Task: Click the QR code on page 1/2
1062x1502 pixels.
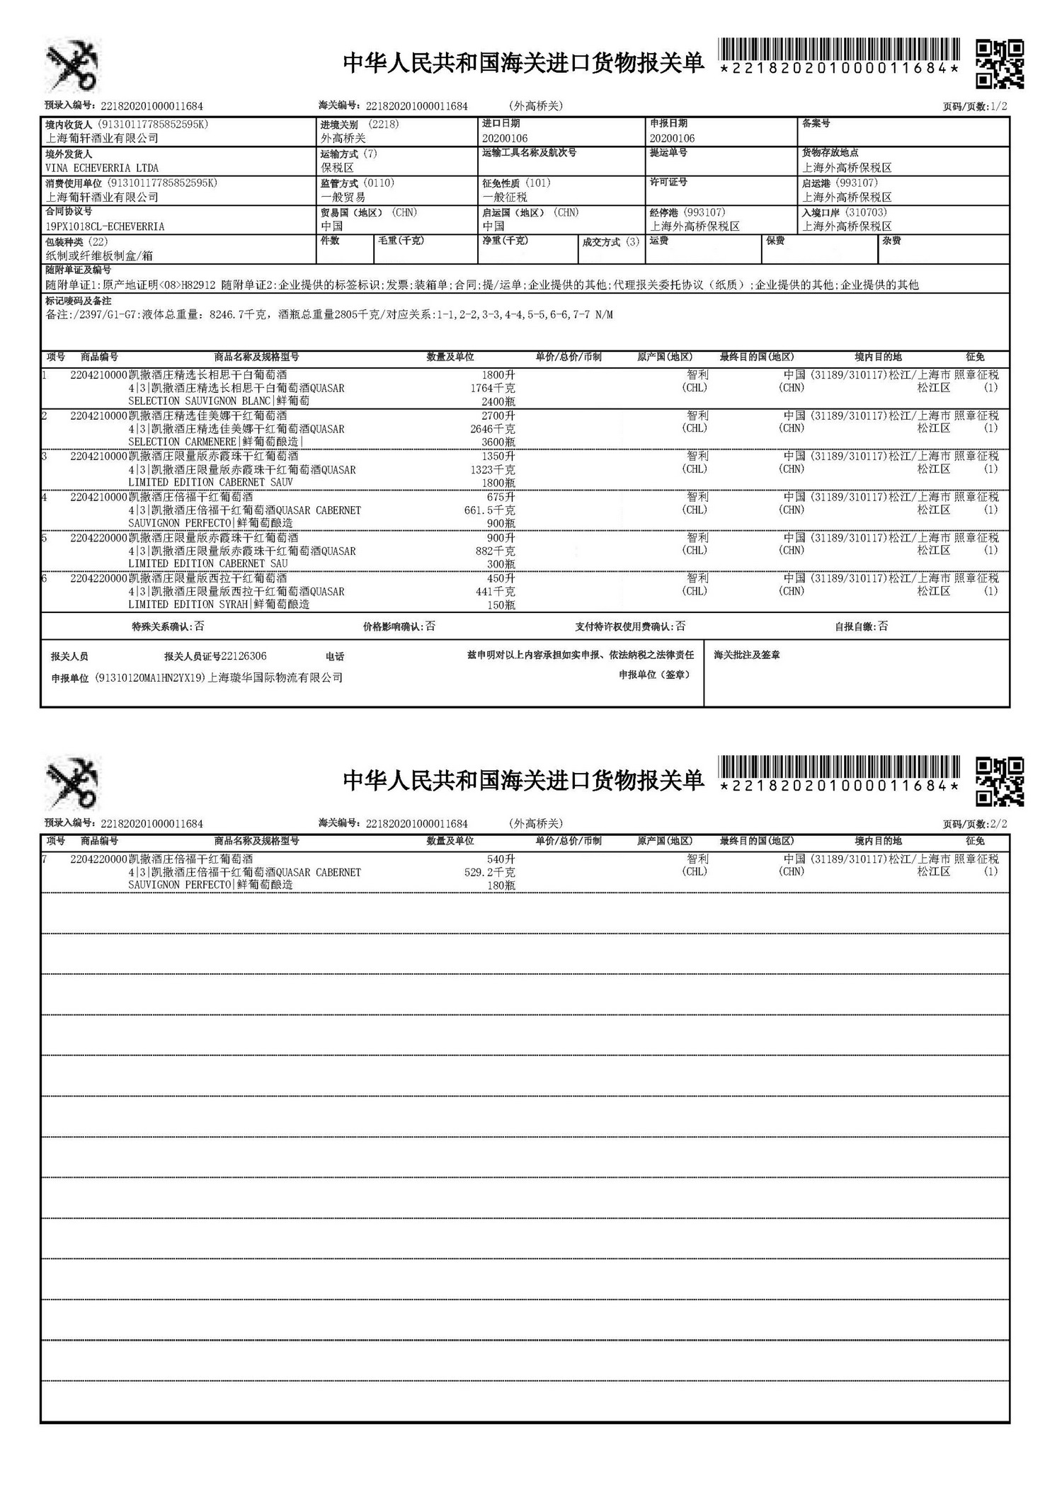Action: [999, 64]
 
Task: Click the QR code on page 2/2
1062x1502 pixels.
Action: [999, 781]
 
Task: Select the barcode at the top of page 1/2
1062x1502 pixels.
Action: [839, 50]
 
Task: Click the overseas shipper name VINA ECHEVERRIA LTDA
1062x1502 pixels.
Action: [102, 168]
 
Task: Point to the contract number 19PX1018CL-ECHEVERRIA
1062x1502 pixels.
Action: [105, 227]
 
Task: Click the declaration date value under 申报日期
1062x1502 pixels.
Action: [672, 139]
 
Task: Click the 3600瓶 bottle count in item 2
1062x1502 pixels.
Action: [498, 442]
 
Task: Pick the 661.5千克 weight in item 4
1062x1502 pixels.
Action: [489, 510]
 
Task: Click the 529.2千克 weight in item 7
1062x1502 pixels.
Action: [489, 872]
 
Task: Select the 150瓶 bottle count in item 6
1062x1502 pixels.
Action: [501, 605]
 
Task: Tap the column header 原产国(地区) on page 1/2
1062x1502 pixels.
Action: [664, 357]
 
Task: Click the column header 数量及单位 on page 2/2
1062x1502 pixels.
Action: [450, 841]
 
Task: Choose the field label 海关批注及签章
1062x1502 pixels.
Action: [747, 655]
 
